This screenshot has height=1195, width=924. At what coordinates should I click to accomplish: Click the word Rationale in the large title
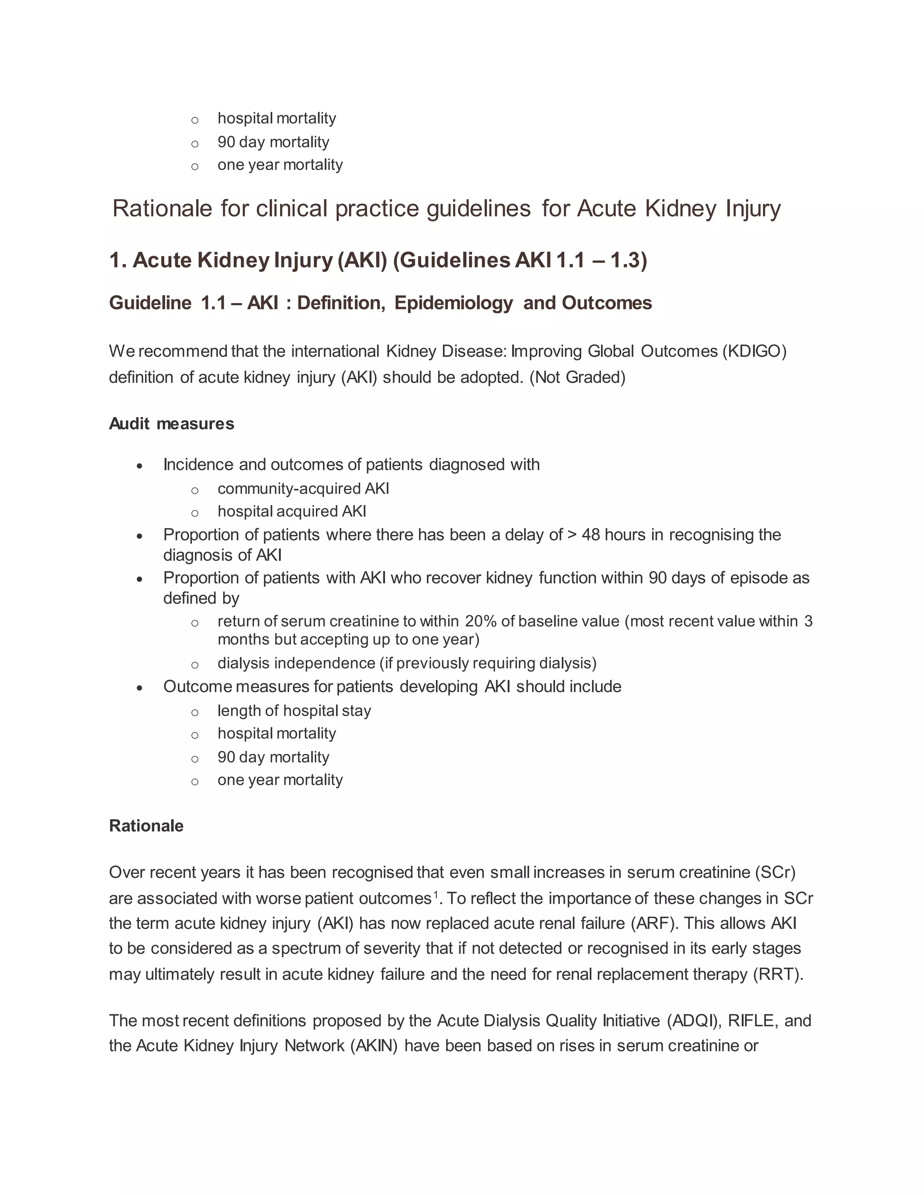point(162,208)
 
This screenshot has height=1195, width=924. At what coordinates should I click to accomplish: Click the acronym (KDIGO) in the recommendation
point(754,351)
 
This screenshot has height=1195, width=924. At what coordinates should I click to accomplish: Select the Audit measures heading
point(171,423)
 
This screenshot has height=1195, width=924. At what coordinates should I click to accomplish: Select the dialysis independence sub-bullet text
point(407,663)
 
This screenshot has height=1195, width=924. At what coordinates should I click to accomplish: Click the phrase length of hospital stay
point(294,710)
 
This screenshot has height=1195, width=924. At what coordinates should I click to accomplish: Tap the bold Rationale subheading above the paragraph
point(146,826)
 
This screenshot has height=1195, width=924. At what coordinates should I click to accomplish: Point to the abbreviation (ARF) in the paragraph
point(654,923)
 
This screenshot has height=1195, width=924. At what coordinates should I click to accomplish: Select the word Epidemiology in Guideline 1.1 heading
point(454,303)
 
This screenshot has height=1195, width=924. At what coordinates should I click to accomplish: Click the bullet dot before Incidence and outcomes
point(140,466)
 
